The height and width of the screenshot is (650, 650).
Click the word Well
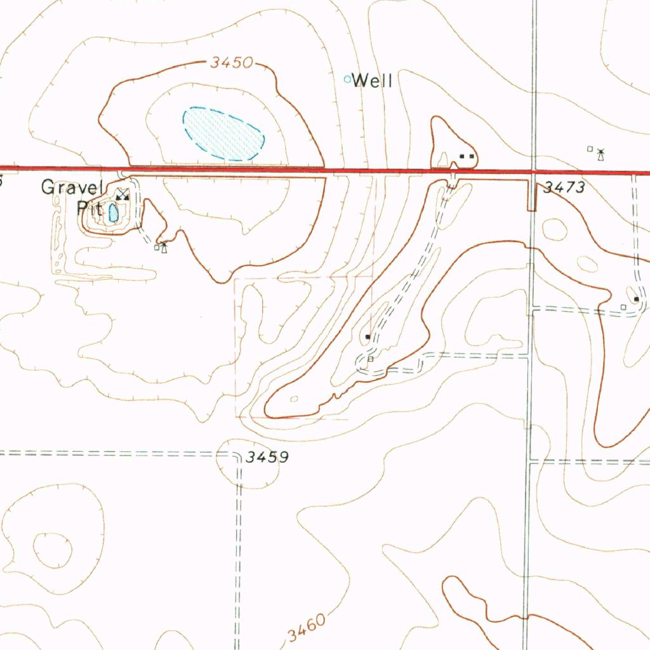point(373,81)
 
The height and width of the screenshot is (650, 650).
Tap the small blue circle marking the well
point(347,79)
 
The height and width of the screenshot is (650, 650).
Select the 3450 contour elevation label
point(232,63)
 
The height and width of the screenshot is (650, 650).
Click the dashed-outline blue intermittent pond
point(223,133)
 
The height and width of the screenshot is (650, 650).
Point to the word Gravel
point(72,187)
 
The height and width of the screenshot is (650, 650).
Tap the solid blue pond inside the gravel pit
point(114,212)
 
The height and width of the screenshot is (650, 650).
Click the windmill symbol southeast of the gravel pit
point(164,246)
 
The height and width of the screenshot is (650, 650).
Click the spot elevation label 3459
point(267,457)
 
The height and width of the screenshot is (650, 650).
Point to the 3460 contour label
point(305,627)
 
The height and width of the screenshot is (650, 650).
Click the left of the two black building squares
point(463,156)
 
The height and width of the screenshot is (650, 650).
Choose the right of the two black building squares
point(472,156)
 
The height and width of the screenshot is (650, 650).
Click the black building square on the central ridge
point(368,336)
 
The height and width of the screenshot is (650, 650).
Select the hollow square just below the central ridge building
point(371,359)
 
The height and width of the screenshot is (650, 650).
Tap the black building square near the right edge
point(637,298)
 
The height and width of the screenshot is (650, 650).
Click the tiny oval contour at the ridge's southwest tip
point(294,399)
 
